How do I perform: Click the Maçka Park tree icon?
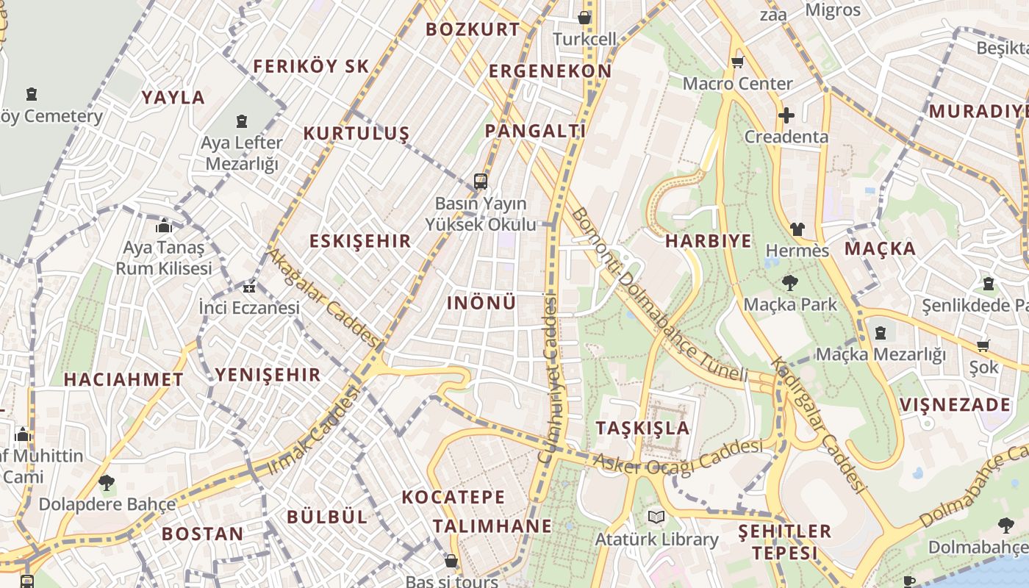tap(789, 282)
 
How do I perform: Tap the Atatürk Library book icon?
tap(656, 517)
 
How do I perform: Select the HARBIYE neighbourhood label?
tap(709, 241)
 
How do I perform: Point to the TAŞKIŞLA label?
tap(642, 428)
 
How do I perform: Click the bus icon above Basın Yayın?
tap(481, 181)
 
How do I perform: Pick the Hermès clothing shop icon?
tap(797, 229)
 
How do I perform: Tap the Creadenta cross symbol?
tap(786, 115)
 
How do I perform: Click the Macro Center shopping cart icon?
tap(737, 62)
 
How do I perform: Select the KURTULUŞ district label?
tap(356, 133)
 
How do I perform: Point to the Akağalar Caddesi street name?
tap(323, 298)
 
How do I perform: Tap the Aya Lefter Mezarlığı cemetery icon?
tap(242, 121)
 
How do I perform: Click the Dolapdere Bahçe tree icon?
tap(107, 483)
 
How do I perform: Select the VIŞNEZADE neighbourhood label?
tap(955, 404)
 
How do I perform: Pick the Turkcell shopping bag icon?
tap(584, 18)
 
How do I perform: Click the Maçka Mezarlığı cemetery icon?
tap(880, 333)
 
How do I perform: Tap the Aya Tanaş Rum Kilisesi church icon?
tap(163, 226)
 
